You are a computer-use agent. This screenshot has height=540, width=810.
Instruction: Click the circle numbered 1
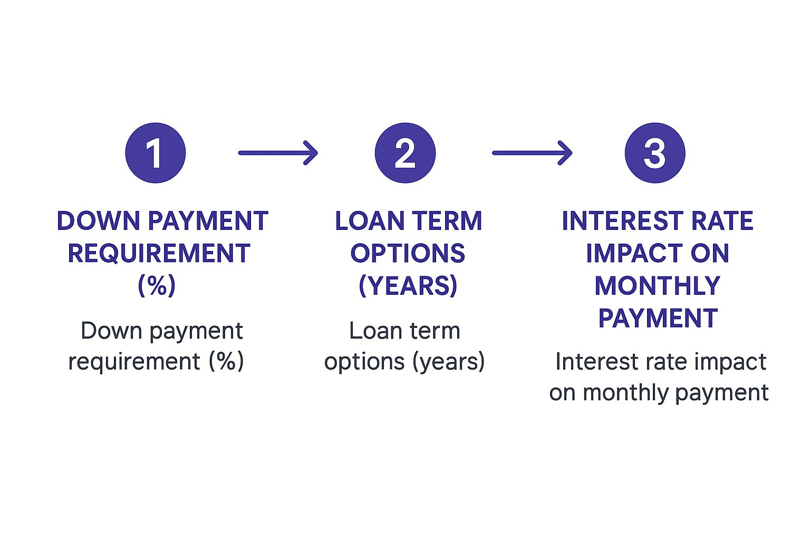pos(156,153)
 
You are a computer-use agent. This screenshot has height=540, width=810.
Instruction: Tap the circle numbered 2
pos(405,153)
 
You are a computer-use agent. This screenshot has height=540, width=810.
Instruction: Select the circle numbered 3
pos(655,153)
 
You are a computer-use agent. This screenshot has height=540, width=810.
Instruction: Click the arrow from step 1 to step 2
pos(278,153)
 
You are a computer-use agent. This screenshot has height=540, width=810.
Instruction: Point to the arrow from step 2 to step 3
pos(532,153)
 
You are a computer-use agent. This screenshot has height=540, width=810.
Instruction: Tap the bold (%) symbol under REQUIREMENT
pos(157,285)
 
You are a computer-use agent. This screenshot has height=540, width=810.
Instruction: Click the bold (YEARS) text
pos(408,285)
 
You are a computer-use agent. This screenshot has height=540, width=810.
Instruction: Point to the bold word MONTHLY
pos(658,285)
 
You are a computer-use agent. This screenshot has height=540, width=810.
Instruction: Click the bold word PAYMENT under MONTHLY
pos(658,318)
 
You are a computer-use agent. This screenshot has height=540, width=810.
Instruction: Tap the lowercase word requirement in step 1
pos(134,362)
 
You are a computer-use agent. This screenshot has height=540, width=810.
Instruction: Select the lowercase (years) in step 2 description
pos(448,362)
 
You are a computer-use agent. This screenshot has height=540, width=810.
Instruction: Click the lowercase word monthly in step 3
pos(626,393)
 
